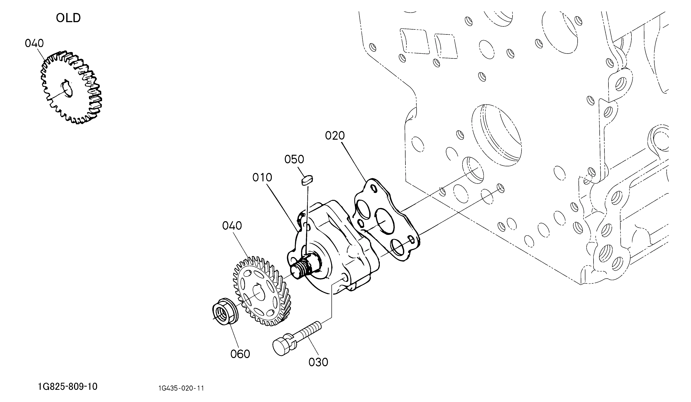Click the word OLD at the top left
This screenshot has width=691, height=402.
click(x=68, y=18)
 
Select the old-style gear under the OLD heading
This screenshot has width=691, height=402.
click(x=71, y=87)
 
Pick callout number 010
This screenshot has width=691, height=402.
click(x=262, y=177)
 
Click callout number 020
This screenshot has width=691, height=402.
click(x=335, y=135)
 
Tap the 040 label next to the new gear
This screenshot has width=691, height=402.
click(x=232, y=226)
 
